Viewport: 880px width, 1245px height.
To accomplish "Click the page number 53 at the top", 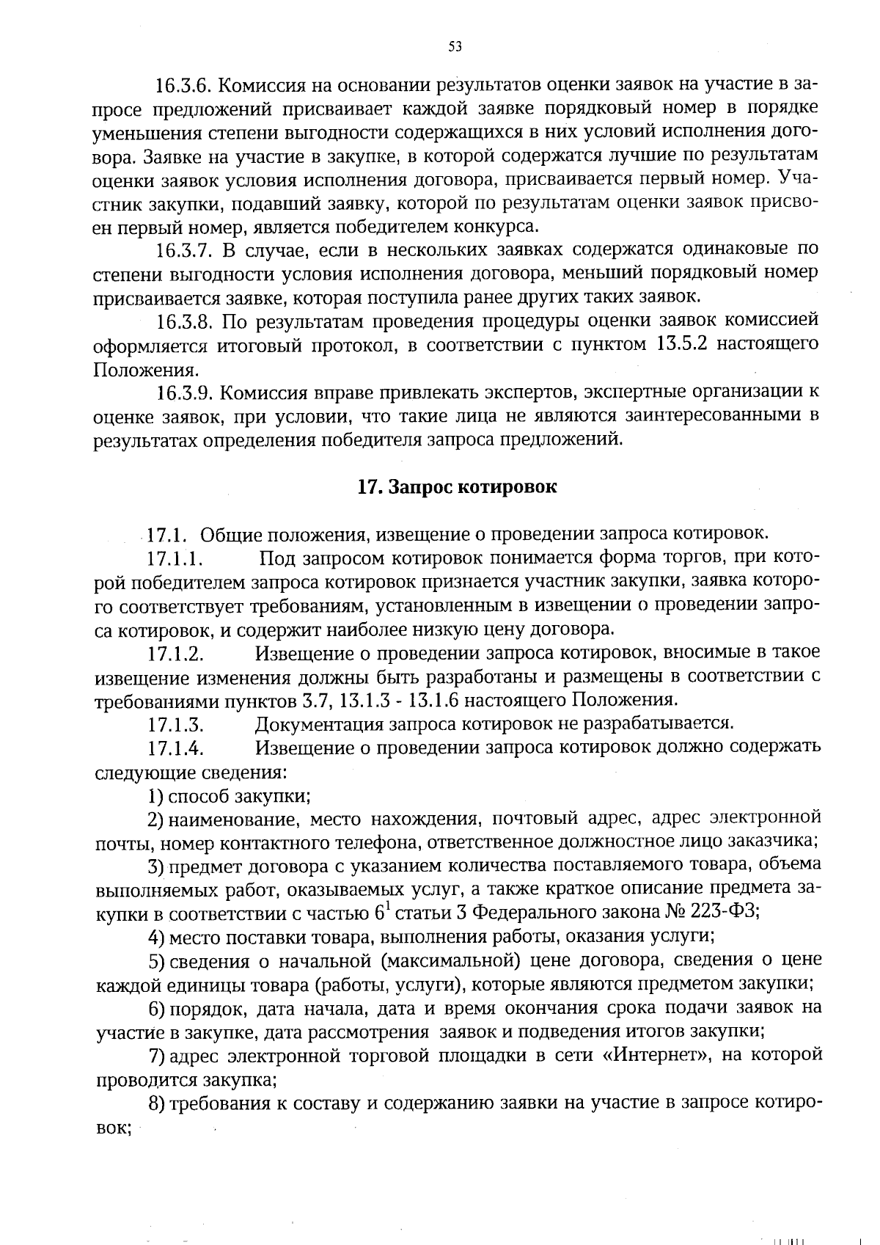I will click(455, 47).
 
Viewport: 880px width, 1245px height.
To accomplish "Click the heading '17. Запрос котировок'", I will click(457, 488).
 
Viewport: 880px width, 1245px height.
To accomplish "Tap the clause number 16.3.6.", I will click(183, 85).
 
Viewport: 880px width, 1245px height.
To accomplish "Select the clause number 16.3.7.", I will click(183, 251).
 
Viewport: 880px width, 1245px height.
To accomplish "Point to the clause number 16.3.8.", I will click(183, 322).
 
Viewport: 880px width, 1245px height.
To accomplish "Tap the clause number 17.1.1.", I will click(175, 559).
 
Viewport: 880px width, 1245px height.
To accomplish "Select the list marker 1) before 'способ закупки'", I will click(155, 797).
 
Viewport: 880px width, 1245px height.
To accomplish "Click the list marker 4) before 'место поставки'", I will click(155, 938).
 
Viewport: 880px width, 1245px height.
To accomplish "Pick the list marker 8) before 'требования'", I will click(155, 1104).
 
